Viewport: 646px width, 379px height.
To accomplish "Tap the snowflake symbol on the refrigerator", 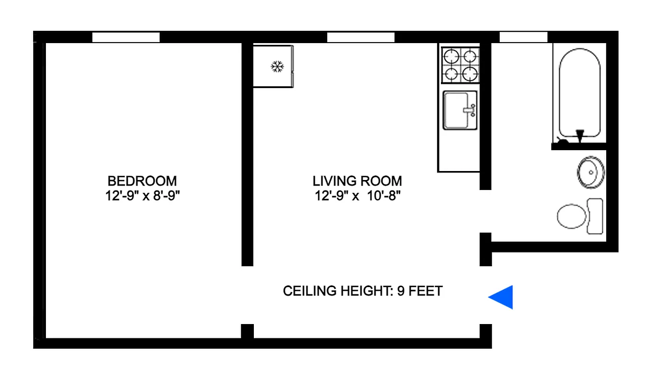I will coord(277,66).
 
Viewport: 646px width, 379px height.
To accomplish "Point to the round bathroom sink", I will coord(591,172).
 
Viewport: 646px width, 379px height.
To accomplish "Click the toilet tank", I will coord(595,216).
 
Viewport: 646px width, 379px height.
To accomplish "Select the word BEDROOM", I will coord(142,181).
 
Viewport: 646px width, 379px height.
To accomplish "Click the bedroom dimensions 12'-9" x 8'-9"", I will coord(143,196).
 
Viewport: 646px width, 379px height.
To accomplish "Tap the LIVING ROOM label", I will coord(357,181).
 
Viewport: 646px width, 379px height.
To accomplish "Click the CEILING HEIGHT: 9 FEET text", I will coord(362,291).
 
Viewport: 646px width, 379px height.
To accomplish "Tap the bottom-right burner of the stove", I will coord(469,74).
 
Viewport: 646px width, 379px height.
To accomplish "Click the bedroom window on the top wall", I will coord(126,37).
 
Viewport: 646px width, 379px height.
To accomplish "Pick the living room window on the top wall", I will coord(361,37).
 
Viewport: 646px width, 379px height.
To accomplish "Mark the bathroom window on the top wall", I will coord(523,37).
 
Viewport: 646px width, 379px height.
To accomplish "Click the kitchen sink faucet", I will coord(470,110).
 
